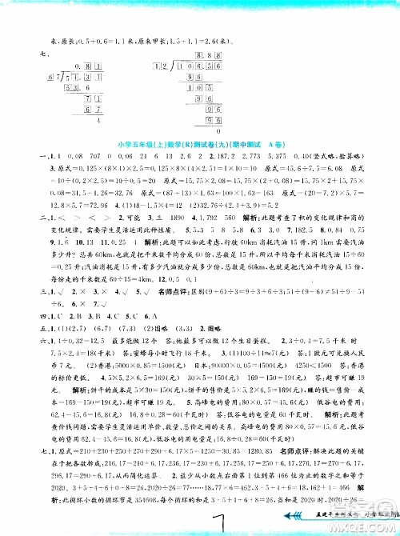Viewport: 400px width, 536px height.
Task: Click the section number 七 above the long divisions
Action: pos(32,54)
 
